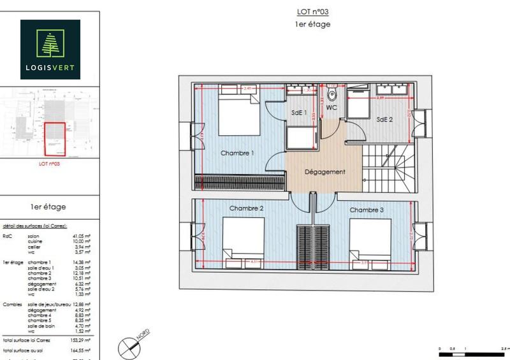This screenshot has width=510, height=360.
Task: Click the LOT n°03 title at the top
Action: pos(312,11)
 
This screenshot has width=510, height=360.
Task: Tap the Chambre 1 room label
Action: pos(237,154)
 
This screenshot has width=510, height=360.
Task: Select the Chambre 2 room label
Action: pos(247,208)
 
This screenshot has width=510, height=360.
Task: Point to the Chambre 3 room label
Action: pos(367,210)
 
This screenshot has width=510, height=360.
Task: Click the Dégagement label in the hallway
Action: pos(324,172)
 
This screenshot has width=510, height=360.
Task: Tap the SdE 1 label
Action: pos(299,113)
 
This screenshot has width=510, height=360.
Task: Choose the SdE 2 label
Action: pos(384,119)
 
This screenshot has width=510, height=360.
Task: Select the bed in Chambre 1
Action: pos(238,114)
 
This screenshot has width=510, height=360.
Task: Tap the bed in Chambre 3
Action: pos(370,238)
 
